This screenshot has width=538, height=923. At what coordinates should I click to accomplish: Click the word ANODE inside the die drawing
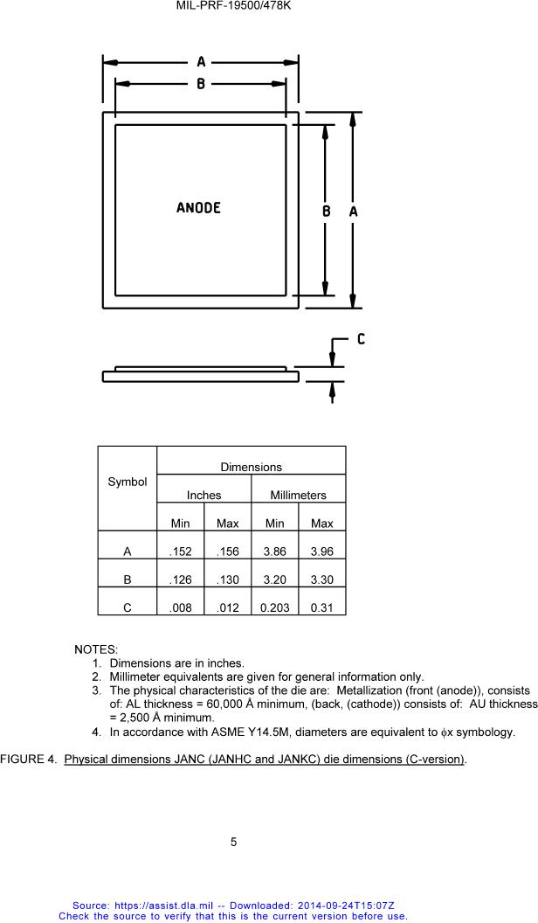coord(198,208)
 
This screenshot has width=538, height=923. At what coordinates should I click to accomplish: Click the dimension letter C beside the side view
coord(361,339)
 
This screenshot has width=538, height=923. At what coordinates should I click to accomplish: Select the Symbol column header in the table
coord(127,482)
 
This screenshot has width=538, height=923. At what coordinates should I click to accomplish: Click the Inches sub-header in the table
coord(203,495)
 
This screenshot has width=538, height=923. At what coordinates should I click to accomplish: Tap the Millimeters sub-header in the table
coord(298,495)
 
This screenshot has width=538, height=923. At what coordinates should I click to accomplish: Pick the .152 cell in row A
coord(180,552)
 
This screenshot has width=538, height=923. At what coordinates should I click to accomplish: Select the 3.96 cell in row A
coord(321,552)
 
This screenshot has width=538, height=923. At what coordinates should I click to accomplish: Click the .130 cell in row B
coord(227,579)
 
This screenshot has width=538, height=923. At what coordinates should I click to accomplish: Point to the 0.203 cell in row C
coord(274,607)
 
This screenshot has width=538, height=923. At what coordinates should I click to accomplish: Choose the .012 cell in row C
coord(227,607)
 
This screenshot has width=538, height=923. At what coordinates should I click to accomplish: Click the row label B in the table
coord(128,579)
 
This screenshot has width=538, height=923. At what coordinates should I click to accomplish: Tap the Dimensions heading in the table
coord(251,468)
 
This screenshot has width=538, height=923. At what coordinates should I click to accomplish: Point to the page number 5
coord(234,842)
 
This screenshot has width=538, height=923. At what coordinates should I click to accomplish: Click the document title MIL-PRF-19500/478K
coord(232,6)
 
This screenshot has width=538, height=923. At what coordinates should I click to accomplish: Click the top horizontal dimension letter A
coord(201,62)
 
